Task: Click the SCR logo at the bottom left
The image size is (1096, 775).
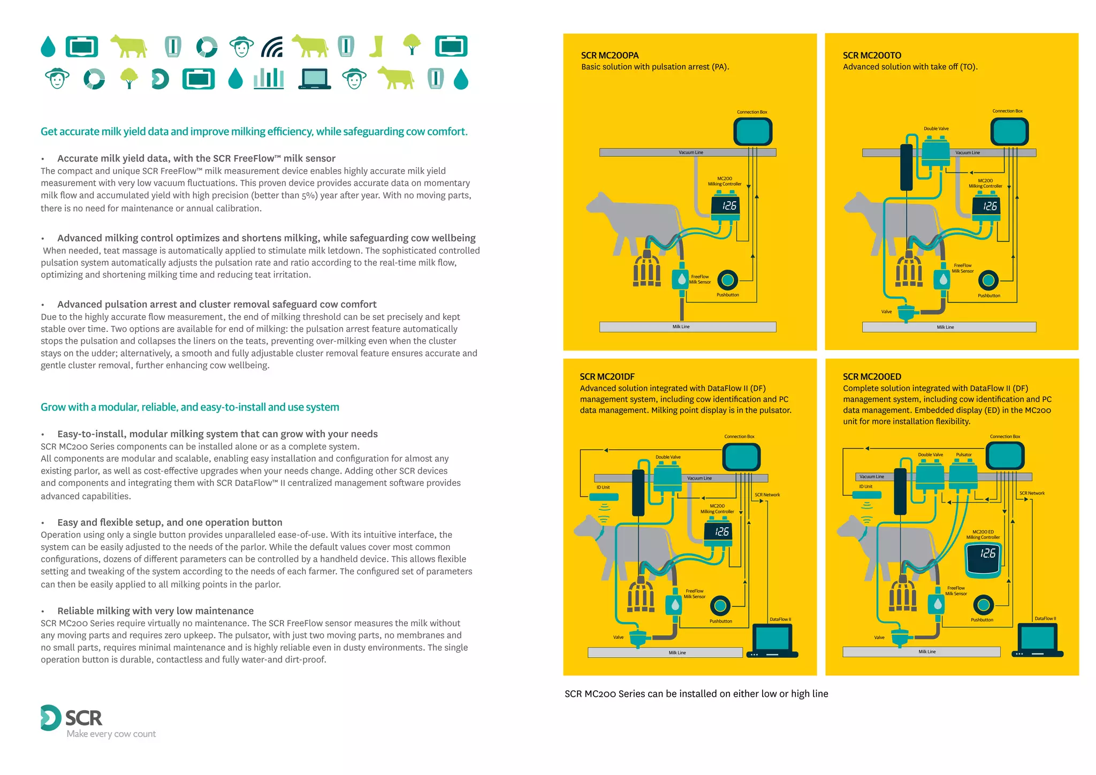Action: pos(71,718)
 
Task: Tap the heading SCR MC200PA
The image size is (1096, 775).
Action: pos(610,55)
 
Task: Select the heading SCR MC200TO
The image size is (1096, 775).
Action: pos(872,55)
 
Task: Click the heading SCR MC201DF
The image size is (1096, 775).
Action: pos(607,377)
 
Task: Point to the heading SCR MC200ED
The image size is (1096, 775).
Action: pos(872,377)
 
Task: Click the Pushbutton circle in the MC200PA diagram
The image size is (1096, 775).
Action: pos(727,279)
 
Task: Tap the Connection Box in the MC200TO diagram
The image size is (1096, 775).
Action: pos(1009,132)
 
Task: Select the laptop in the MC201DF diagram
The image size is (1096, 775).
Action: pos(773,640)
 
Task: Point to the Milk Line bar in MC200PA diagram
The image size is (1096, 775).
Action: pos(688,326)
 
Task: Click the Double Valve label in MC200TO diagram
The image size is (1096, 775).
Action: pos(936,128)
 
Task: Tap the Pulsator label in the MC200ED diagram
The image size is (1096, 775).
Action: pos(964,454)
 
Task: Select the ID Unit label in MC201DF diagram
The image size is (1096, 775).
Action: pos(603,487)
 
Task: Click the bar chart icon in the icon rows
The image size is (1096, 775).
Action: pos(269,79)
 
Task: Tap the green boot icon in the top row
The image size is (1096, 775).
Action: pos(377,47)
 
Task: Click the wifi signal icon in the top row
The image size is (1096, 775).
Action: pos(272,47)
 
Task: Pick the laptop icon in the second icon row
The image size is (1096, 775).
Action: pos(315,79)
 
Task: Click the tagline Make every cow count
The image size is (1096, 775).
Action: pos(111,734)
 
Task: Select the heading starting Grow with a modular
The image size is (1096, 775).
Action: pos(190,407)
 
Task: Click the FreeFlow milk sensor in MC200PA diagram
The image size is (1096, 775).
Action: pos(681,279)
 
